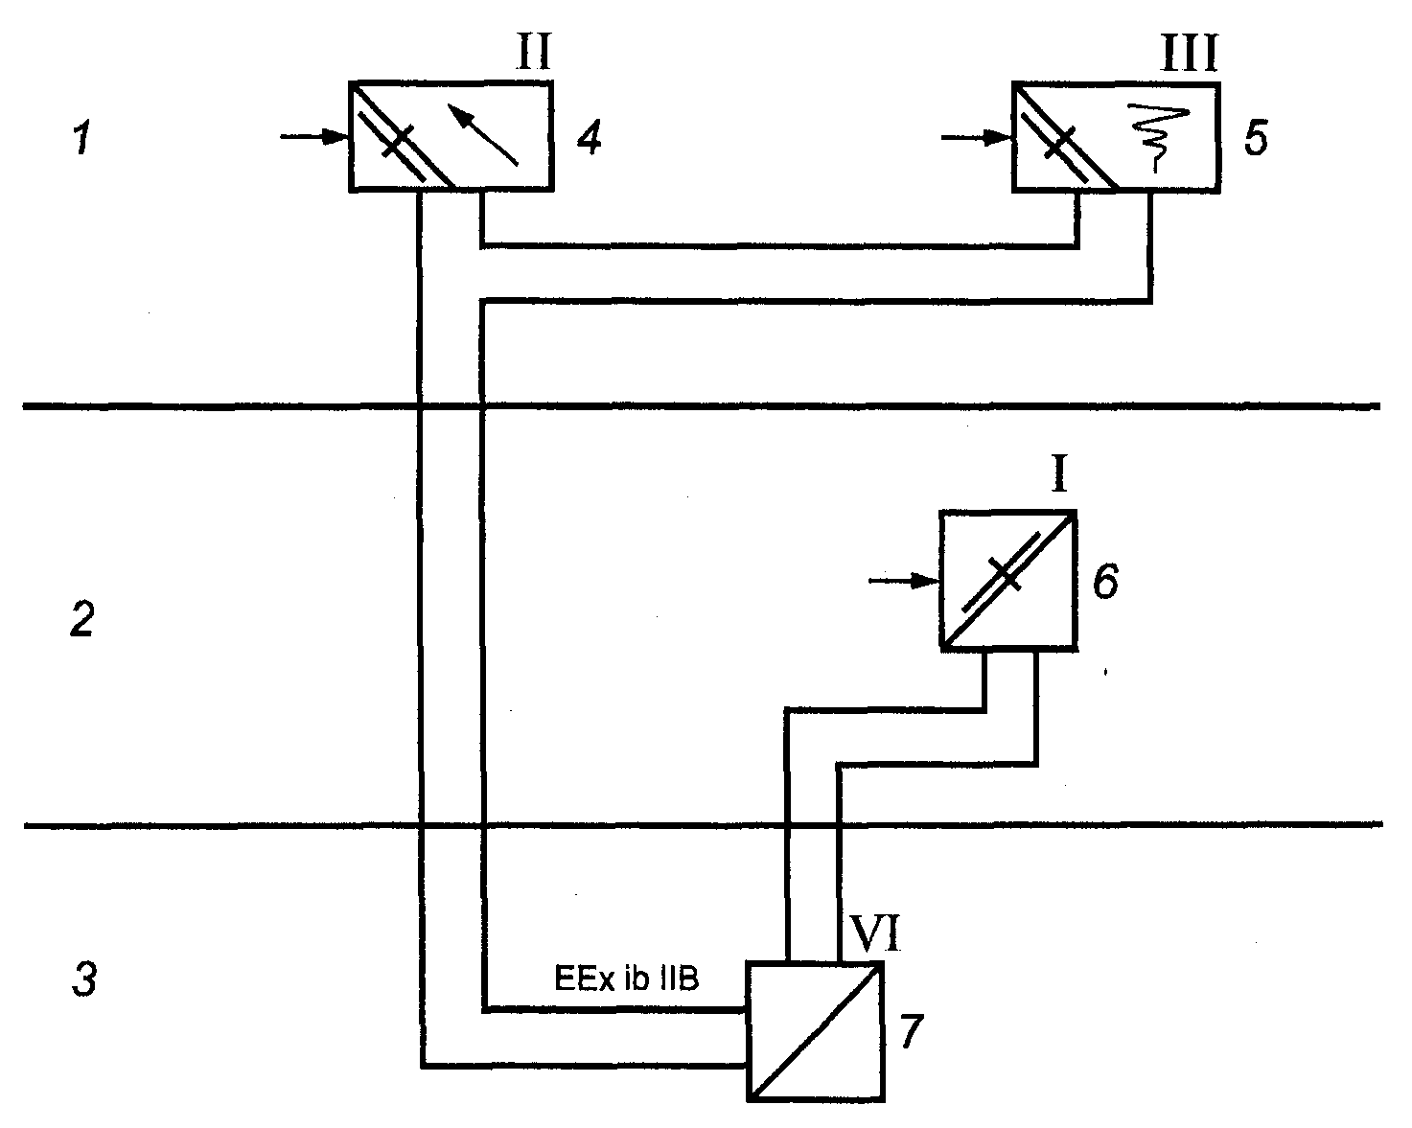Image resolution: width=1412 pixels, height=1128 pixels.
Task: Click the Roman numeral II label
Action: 533,52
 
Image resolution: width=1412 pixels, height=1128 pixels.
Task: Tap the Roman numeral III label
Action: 1189,53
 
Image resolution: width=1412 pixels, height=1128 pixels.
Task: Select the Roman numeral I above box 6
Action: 1059,473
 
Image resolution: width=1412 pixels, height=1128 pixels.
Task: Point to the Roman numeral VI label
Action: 876,932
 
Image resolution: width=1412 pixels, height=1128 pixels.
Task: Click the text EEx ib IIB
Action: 627,978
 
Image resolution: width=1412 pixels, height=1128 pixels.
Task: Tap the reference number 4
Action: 589,138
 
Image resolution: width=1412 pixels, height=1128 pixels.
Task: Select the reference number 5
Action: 1256,138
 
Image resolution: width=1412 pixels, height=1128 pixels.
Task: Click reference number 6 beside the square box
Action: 1105,581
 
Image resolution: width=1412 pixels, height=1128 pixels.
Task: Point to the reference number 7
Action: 912,1031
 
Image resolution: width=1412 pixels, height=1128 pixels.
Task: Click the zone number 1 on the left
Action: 82,139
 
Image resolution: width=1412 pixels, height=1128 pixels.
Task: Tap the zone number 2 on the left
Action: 82,619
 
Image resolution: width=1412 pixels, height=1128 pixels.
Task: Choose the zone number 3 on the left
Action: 84,979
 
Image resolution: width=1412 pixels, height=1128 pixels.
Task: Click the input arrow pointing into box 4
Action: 313,136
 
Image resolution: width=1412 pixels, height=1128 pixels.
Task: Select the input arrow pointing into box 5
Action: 977,138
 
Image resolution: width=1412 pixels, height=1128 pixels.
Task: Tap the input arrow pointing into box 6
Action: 904,581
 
